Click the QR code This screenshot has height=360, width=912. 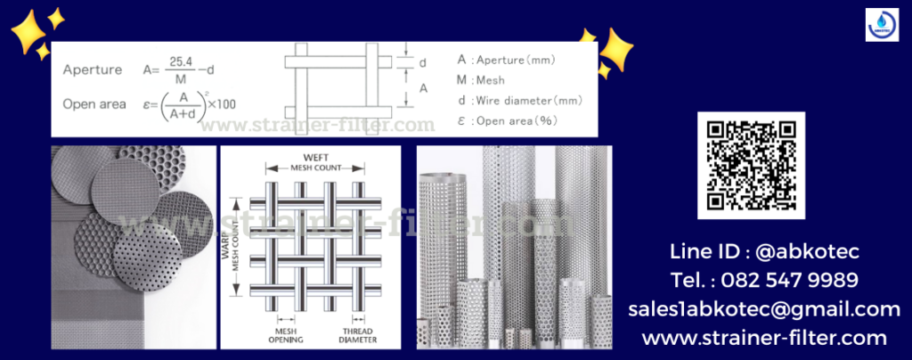pos(751,165)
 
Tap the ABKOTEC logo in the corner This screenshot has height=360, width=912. pos(883,24)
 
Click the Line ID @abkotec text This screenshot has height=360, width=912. pos(763,252)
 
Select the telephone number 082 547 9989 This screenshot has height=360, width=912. pos(763,281)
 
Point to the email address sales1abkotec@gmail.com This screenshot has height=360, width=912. pos(763,309)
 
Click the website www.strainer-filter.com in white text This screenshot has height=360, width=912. pos(763,338)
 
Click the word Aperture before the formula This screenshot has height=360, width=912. pos(93,69)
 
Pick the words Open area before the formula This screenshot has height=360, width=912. pos(94,104)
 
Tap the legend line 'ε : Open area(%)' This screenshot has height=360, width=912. pos(507,120)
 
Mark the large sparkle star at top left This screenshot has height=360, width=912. pos(29,35)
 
